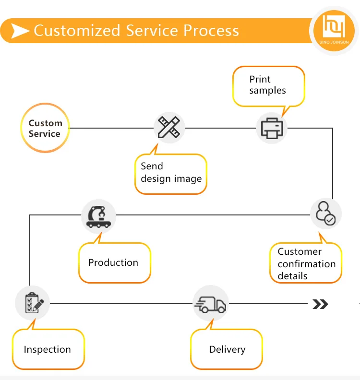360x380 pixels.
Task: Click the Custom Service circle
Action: point(45,128)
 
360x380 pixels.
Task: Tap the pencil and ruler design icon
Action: point(169,128)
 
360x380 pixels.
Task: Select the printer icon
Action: point(272,128)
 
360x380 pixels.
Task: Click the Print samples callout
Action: point(268,85)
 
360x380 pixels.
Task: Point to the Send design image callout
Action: point(171,174)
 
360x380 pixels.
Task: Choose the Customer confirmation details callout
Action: point(306,263)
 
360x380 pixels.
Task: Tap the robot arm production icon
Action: point(98,216)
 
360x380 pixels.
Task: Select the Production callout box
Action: point(114,263)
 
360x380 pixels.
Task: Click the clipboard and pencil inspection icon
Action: point(32,303)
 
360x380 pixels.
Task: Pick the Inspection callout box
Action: point(48,349)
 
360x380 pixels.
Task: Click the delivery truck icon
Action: point(210,303)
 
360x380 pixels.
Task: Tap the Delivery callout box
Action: point(227,350)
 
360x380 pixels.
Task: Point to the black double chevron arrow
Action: point(320,304)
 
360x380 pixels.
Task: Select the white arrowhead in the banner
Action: point(20,31)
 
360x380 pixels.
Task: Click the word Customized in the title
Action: point(77,31)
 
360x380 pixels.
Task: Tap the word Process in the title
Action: point(211,31)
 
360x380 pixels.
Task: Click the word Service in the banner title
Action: point(152,31)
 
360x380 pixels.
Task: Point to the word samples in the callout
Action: point(267,91)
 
